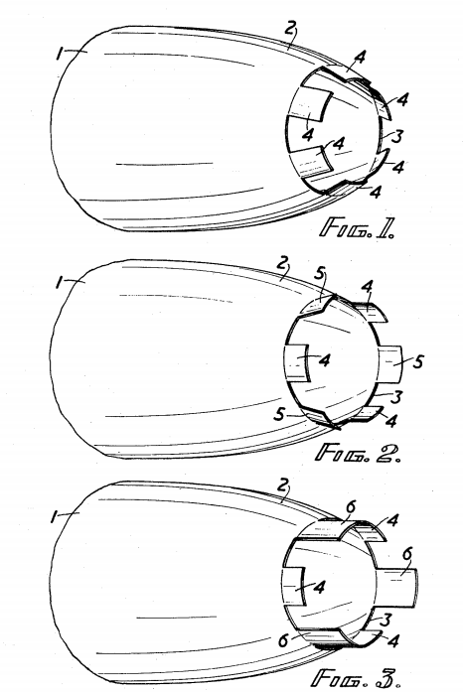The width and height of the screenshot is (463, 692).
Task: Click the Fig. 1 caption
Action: tap(357, 227)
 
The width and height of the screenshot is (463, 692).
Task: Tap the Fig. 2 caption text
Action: tap(359, 453)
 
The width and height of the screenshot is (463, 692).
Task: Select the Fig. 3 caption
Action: tap(356, 677)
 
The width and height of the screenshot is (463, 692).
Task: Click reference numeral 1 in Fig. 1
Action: tap(60, 54)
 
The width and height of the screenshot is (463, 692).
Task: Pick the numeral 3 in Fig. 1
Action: tap(397, 136)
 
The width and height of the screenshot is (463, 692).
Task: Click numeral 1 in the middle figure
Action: tap(59, 282)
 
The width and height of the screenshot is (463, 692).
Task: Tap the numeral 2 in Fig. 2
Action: tap(283, 263)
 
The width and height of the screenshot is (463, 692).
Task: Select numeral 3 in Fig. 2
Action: tap(396, 397)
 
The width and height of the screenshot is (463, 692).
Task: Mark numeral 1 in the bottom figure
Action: tap(55, 516)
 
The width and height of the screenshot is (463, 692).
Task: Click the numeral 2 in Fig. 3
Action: tap(283, 485)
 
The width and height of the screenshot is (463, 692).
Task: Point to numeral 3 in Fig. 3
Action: tap(386, 621)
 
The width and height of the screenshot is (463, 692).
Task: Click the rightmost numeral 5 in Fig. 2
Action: tap(417, 361)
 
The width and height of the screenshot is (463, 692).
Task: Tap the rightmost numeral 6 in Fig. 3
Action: tap(407, 553)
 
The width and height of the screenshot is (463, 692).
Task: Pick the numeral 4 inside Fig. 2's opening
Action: tap(324, 360)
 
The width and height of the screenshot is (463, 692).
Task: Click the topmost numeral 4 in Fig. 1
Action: tap(361, 58)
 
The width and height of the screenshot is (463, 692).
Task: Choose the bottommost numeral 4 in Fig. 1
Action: tap(376, 192)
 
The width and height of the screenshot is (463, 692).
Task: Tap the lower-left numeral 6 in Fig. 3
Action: tap(284, 640)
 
